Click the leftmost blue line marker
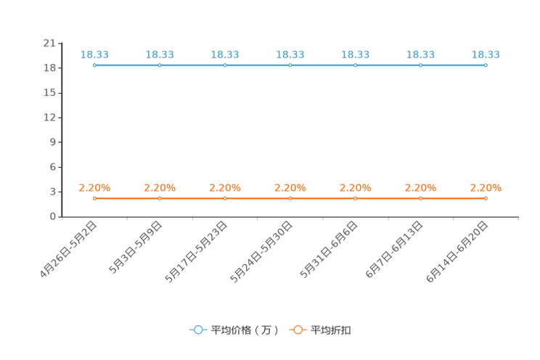pyautogui.click(x=94, y=65)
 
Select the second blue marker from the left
pyautogui.click(x=160, y=65)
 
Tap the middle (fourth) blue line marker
pyautogui.click(x=290, y=65)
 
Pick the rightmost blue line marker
pyautogui.click(x=486, y=65)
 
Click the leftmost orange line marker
pyautogui.click(x=94, y=198)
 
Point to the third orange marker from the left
pyautogui.click(x=225, y=198)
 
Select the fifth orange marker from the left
pyautogui.click(x=356, y=198)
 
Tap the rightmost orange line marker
pyautogui.click(x=486, y=198)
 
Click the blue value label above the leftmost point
pyautogui.click(x=94, y=54)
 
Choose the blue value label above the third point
pyautogui.click(x=225, y=54)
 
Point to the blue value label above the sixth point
pyautogui.click(x=420, y=54)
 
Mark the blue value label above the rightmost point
pyautogui.click(x=486, y=54)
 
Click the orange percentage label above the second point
pyautogui.click(x=160, y=187)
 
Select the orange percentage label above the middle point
pyautogui.click(x=290, y=187)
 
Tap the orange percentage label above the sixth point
pyautogui.click(x=420, y=187)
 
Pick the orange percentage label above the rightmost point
pyautogui.click(x=486, y=187)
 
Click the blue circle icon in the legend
pyautogui.click(x=198, y=330)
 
